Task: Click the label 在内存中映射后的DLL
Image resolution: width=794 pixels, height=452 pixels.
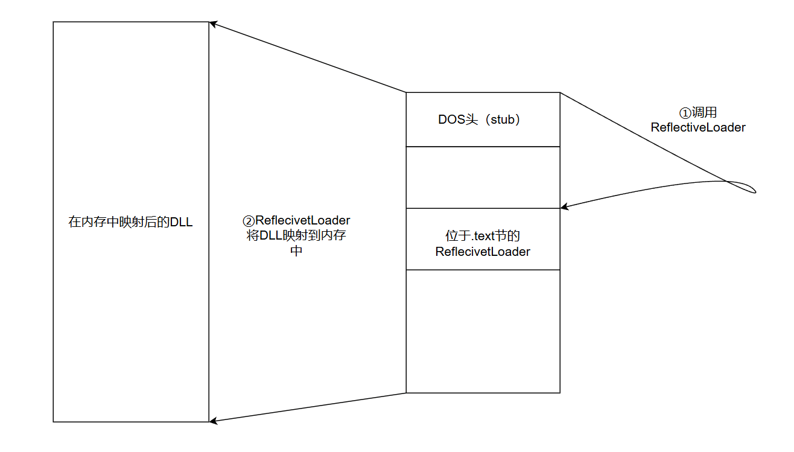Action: click(130, 222)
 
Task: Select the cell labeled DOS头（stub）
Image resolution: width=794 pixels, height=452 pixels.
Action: click(483, 119)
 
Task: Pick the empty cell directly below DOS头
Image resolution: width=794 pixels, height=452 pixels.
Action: click(483, 177)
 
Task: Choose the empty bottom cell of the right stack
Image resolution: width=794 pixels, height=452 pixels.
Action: click(483, 331)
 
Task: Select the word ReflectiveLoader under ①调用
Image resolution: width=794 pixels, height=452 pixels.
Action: click(697, 127)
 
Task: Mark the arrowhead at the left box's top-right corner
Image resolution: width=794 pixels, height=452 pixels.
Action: click(212, 24)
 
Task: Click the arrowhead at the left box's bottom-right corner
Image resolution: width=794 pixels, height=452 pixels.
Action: click(212, 421)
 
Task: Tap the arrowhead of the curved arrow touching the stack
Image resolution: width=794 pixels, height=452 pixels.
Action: click(564, 207)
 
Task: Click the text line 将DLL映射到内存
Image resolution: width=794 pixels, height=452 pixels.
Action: click(296, 235)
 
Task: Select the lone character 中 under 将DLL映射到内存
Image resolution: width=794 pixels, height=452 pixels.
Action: click(296, 251)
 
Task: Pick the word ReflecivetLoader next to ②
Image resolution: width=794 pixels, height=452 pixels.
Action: click(303, 220)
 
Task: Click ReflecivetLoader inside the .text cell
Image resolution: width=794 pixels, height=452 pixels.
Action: click(483, 252)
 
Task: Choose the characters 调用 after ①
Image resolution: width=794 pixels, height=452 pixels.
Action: click(703, 113)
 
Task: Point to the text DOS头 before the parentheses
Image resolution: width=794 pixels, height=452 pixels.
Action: click(454, 119)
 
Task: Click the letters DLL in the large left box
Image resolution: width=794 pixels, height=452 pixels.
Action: click(181, 222)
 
